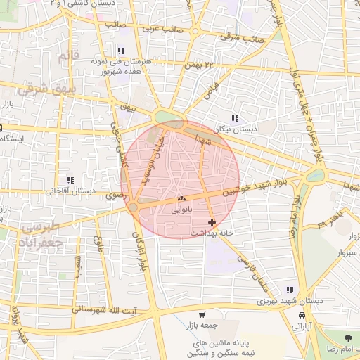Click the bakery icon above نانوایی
coord(181,200)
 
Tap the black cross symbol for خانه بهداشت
coord(212,222)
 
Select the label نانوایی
coord(181,210)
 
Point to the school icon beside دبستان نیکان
coord(234,119)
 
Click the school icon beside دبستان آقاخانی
coord(69,181)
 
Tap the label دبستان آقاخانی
coord(70,191)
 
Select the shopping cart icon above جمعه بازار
coord(202,315)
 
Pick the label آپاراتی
coord(301,326)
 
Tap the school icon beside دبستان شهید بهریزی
coord(289,290)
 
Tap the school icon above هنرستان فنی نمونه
coord(121,51)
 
